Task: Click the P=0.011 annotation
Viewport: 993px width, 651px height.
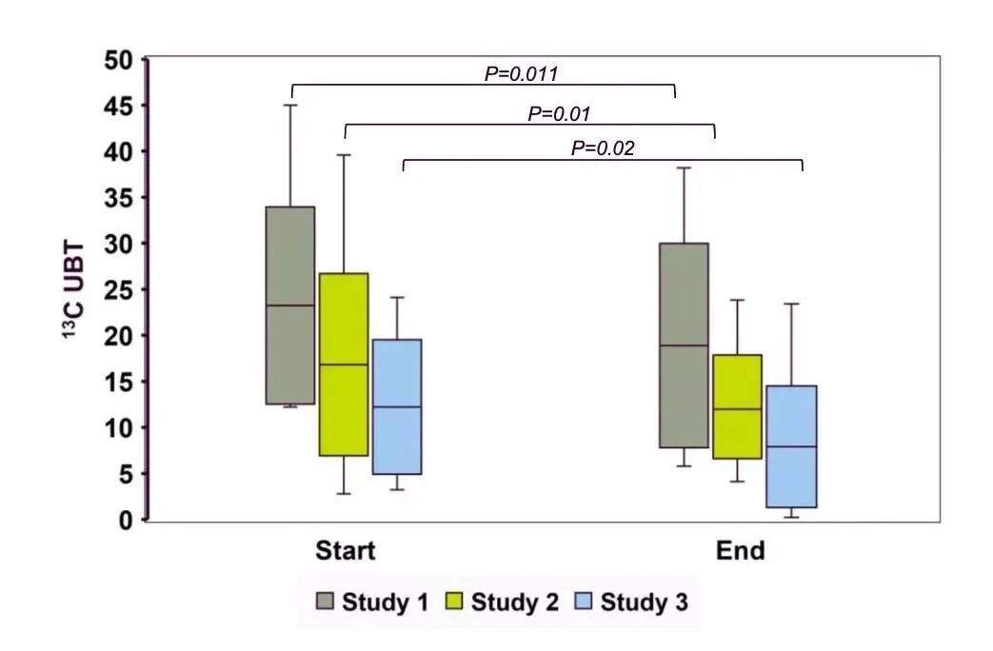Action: (x=521, y=73)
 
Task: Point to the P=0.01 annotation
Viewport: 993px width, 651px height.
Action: (x=560, y=113)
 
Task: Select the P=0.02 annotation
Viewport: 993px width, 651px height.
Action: (x=603, y=148)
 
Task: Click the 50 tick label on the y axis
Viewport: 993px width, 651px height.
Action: (x=120, y=60)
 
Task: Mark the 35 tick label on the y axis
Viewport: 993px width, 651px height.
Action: (x=120, y=198)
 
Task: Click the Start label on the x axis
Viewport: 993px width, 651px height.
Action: (x=346, y=551)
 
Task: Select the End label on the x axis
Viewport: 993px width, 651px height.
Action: (x=741, y=551)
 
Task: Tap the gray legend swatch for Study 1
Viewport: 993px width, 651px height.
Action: (x=325, y=602)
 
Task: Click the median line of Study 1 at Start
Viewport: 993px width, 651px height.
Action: (x=290, y=306)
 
